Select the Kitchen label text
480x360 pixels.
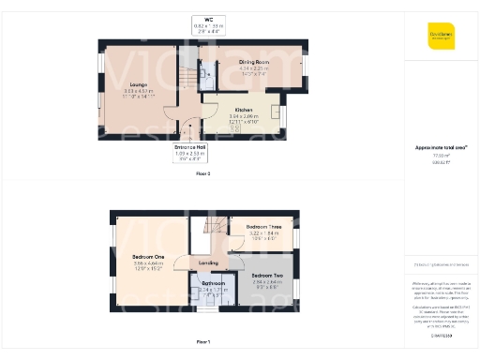243,110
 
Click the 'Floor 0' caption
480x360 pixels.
202,174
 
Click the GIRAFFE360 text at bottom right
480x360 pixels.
442,334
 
